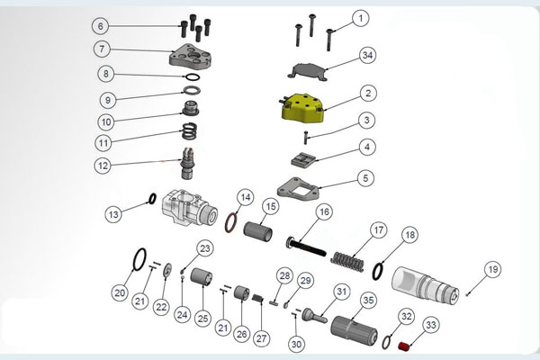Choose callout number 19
(491, 269)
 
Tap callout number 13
(113, 214)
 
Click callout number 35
(368, 300)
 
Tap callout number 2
(367, 93)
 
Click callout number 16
(324, 211)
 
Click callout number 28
(284, 275)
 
